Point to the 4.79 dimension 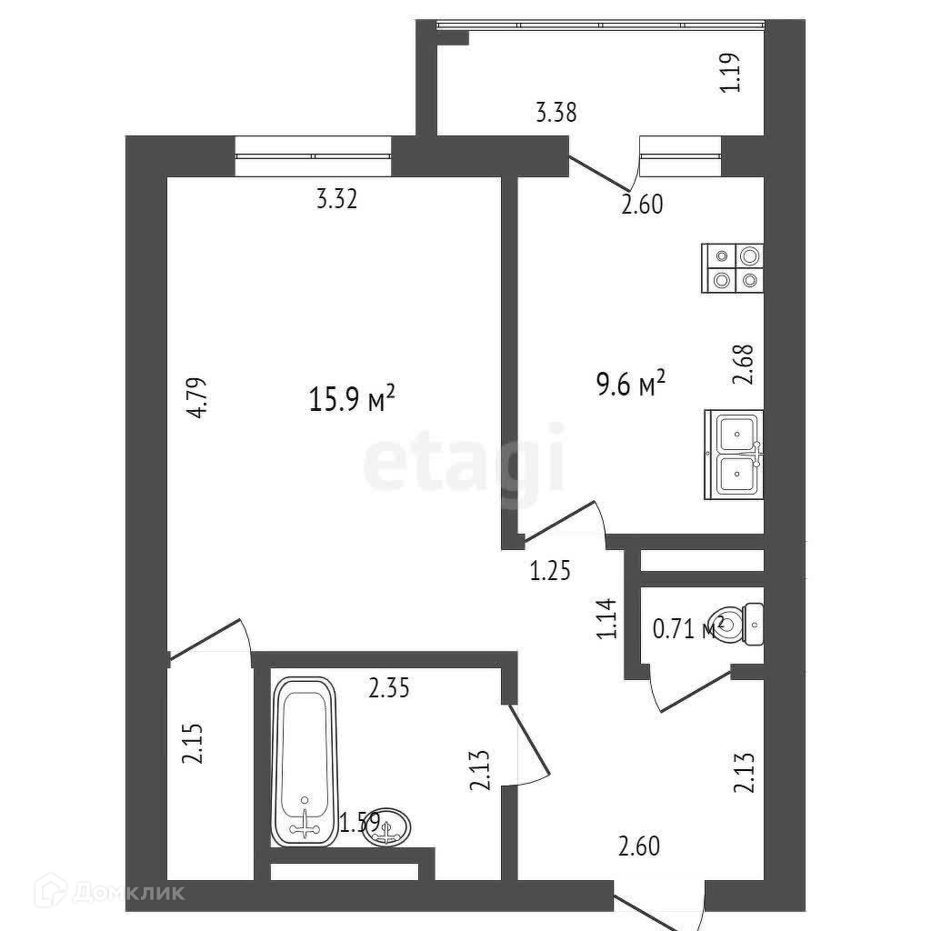(x=201, y=396)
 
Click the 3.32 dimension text (x=335, y=199)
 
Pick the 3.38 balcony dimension (x=556, y=114)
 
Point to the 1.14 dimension (x=607, y=618)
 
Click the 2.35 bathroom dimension (x=389, y=688)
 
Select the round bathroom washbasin (x=388, y=826)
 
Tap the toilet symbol (x=746, y=623)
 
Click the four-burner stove (x=732, y=268)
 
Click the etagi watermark (x=465, y=465)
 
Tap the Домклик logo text (x=136, y=893)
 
